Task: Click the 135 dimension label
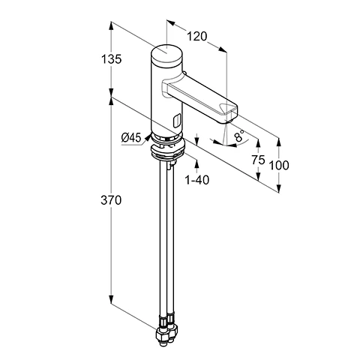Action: tap(111, 59)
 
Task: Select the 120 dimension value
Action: tap(197, 37)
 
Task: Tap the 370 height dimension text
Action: tap(111, 200)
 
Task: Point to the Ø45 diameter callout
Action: tap(131, 137)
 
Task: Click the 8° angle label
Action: tap(239, 135)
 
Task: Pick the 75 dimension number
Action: tap(258, 160)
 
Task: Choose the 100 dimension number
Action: tap(279, 165)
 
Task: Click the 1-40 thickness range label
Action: tap(197, 180)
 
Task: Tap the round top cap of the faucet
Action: tap(166, 55)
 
